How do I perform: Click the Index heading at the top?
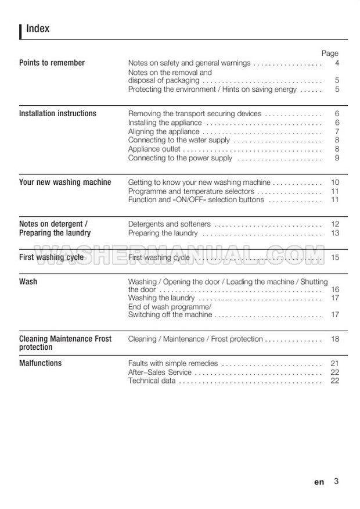click(x=38, y=28)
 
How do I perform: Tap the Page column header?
click(x=330, y=53)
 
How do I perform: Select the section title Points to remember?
click(x=52, y=63)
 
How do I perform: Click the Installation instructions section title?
click(x=57, y=113)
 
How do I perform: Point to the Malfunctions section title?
click(x=40, y=363)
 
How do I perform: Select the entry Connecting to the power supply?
click(x=180, y=157)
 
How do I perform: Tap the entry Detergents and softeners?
click(x=169, y=224)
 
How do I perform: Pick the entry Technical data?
click(x=152, y=381)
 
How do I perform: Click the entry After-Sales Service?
click(x=160, y=372)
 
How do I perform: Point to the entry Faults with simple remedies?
click(x=172, y=363)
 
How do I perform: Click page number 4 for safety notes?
click(x=337, y=63)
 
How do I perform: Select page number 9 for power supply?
click(x=337, y=157)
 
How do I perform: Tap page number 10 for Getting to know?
click(x=335, y=182)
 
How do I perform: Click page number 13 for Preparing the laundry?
click(x=335, y=233)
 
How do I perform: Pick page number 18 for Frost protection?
click(x=335, y=339)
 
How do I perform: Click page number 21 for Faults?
click(x=335, y=363)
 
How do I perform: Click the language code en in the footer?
click(x=319, y=482)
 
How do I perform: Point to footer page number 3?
click(x=336, y=481)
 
